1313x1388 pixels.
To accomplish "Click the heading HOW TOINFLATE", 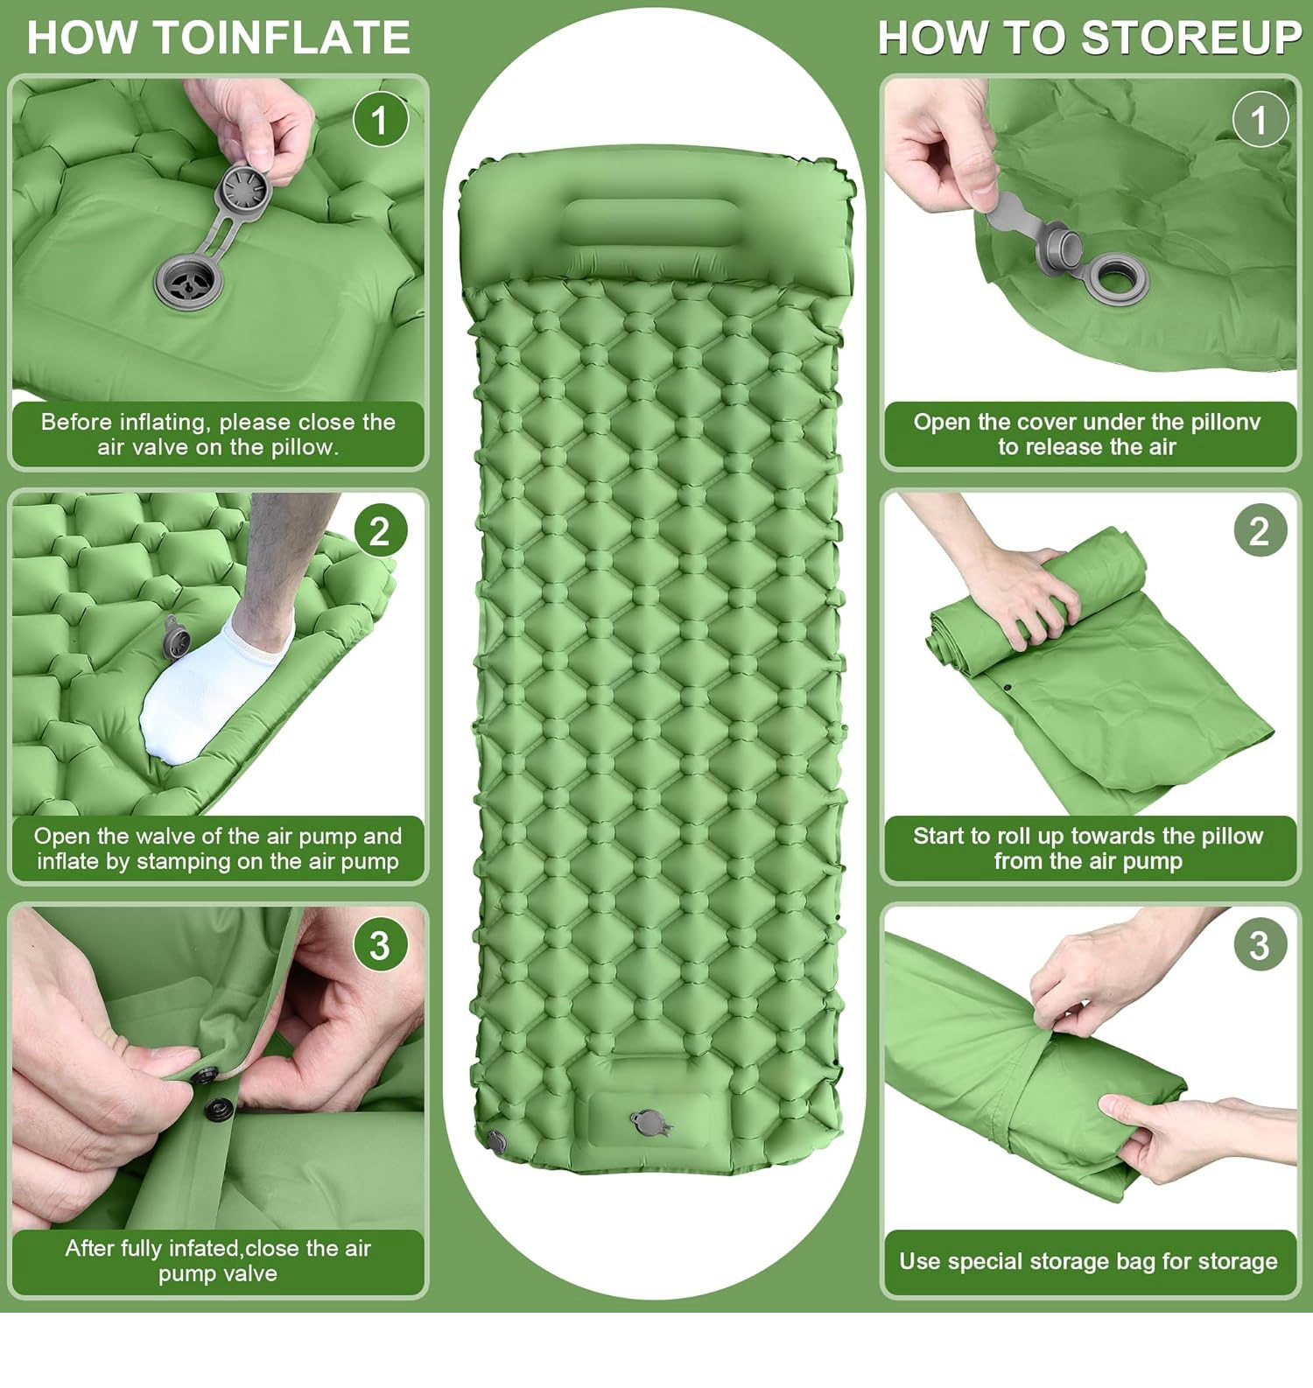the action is tap(219, 38).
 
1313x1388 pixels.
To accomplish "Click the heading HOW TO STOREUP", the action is tap(1090, 38).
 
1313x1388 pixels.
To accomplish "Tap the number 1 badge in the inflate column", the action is tap(380, 120).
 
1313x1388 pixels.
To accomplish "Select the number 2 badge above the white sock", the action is tap(380, 531).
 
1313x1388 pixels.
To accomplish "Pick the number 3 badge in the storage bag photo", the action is tap(1260, 945).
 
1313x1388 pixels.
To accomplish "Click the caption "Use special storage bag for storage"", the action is tap(1088, 1261).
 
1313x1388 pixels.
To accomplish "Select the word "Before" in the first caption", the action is tap(77, 422).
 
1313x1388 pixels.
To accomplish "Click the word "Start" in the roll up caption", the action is tap(941, 836).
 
